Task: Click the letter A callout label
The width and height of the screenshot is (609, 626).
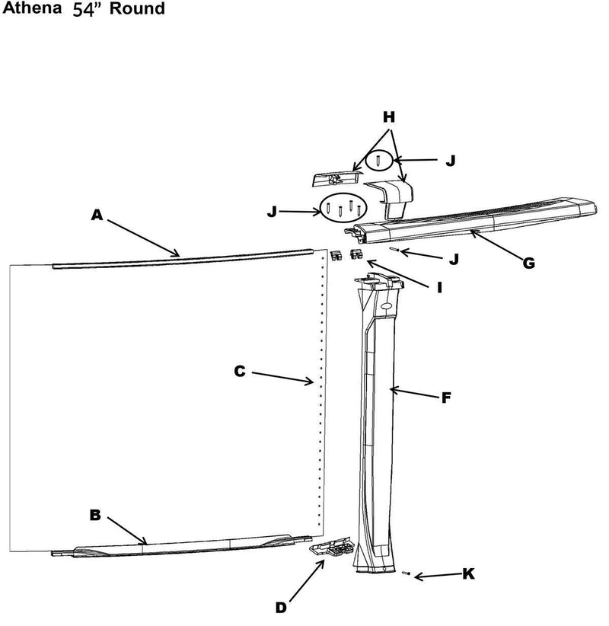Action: pyautogui.click(x=96, y=216)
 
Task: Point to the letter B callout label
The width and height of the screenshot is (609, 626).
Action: pyautogui.click(x=95, y=516)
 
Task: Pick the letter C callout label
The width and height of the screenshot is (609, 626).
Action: pyautogui.click(x=239, y=371)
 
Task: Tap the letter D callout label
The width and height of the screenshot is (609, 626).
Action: pyautogui.click(x=282, y=608)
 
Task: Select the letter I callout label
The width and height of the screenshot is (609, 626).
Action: pyautogui.click(x=439, y=287)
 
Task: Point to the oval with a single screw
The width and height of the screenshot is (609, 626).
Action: pyautogui.click(x=379, y=161)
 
